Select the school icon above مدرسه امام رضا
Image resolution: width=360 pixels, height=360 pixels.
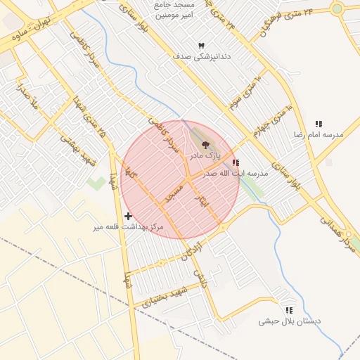(319, 124)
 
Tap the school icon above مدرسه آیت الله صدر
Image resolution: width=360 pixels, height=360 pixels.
(235, 162)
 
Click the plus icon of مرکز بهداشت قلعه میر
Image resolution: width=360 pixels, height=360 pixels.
(128, 216)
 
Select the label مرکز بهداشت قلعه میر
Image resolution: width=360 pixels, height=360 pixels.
(128, 227)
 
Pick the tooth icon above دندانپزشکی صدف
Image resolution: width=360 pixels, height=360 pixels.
(201, 45)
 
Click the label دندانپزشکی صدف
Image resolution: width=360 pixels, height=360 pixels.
(202, 55)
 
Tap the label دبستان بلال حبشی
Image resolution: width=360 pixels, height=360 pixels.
(288, 321)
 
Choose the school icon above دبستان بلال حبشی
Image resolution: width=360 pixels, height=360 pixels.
(288, 310)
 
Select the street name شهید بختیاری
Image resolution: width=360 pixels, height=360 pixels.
(164, 296)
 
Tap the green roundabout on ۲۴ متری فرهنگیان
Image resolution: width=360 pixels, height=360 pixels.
(337, 8)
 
